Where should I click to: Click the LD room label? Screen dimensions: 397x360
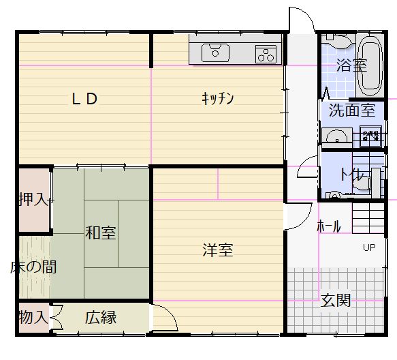click(84, 99)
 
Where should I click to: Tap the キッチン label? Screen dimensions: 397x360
click(218, 99)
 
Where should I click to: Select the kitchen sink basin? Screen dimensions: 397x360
click(215, 53)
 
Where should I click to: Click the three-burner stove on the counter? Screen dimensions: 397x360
click(266, 54)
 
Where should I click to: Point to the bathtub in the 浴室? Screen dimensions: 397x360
click(370, 65)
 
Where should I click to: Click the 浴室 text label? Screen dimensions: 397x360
click(351, 65)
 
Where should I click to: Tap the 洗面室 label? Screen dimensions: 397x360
click(352, 110)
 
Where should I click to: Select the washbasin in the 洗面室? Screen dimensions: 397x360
click(336, 136)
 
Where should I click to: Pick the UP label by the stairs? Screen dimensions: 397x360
click(369, 247)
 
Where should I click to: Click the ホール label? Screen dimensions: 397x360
click(329, 226)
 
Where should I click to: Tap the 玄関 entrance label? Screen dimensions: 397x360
click(336, 301)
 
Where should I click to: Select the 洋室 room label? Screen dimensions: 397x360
click(218, 250)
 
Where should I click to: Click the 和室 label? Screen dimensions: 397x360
click(101, 232)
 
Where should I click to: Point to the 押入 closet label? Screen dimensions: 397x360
click(33, 199)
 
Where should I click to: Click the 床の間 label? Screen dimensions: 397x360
click(33, 267)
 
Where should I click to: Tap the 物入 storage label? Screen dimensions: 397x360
click(33, 317)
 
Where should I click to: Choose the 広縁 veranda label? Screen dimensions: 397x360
click(101, 318)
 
